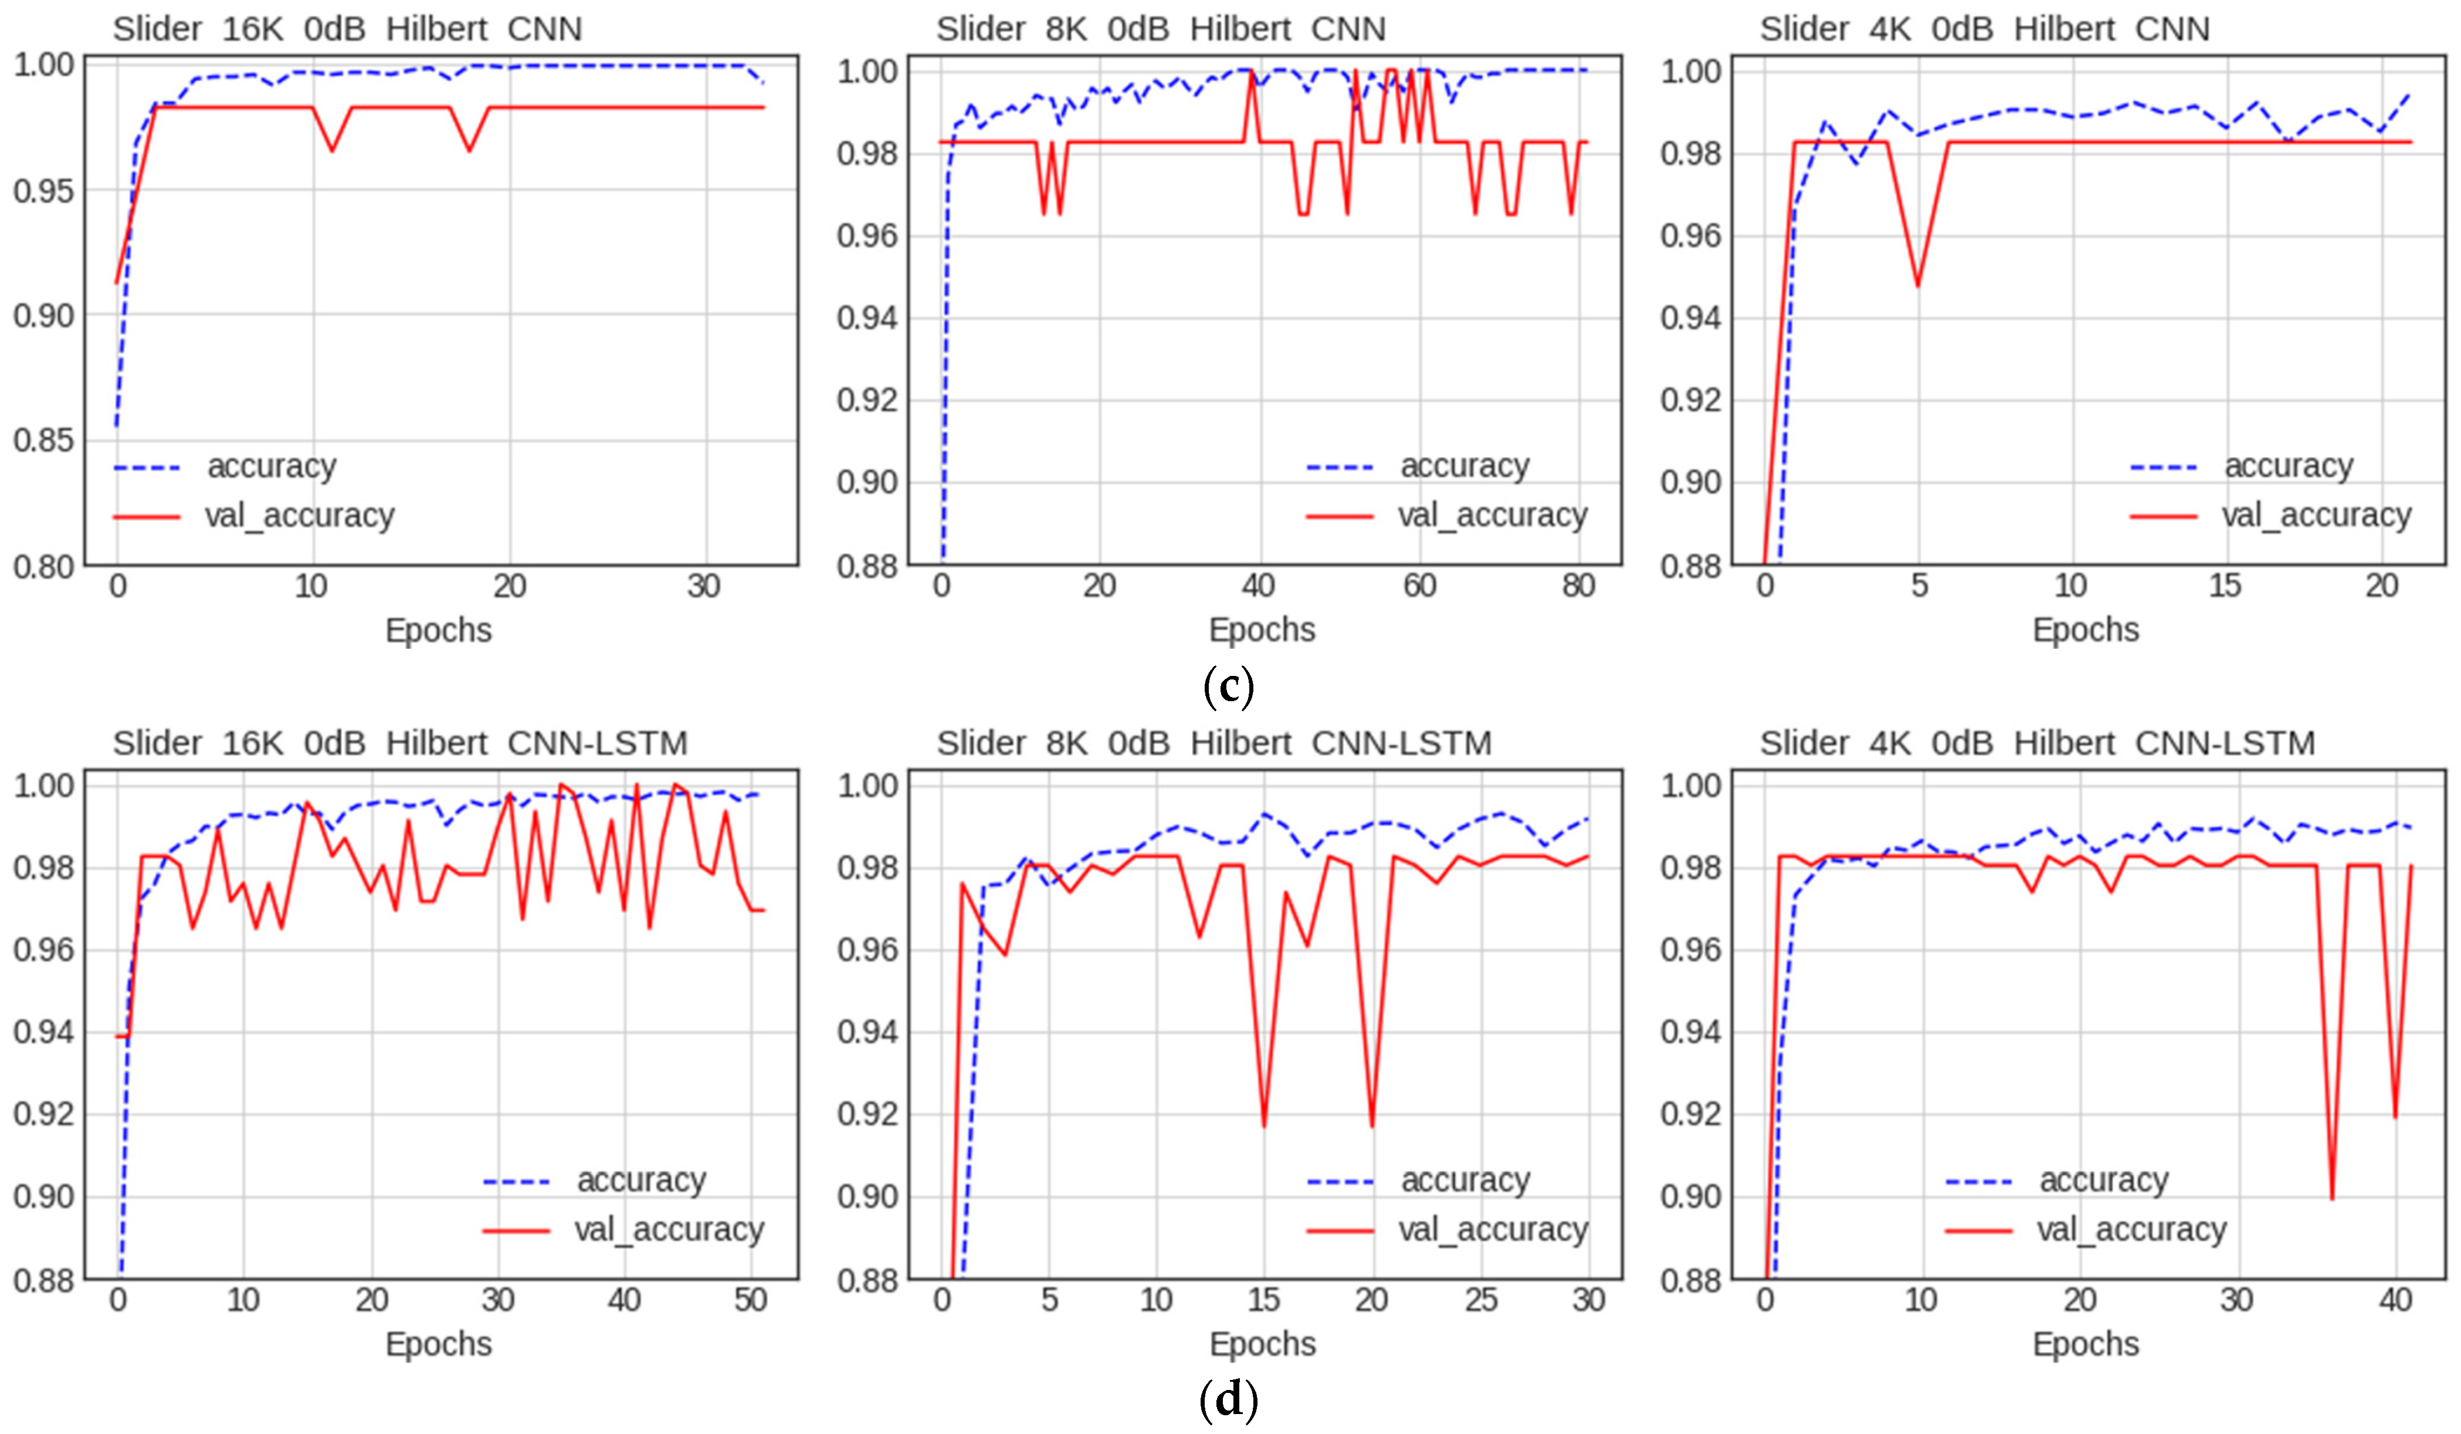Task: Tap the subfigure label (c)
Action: pyautogui.click(x=1229, y=686)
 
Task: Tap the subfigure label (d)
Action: pyautogui.click(x=1229, y=1400)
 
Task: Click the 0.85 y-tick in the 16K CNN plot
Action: pyautogui.click(x=43, y=441)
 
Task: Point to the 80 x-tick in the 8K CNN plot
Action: pyautogui.click(x=1578, y=586)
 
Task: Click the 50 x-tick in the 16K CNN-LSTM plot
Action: pyautogui.click(x=750, y=1300)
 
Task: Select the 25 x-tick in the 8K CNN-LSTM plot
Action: pyautogui.click(x=1480, y=1300)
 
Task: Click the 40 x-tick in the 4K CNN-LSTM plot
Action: pyautogui.click(x=2395, y=1300)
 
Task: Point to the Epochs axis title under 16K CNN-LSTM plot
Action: pyautogui.click(x=439, y=1344)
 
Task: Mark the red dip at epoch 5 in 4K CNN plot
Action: pyautogui.click(x=1918, y=285)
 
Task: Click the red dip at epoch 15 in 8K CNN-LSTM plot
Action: pyautogui.click(x=1265, y=1125)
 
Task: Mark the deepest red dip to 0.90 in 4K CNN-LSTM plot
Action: pyautogui.click(x=2332, y=1198)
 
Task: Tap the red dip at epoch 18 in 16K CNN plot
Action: pyautogui.click(x=470, y=150)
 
